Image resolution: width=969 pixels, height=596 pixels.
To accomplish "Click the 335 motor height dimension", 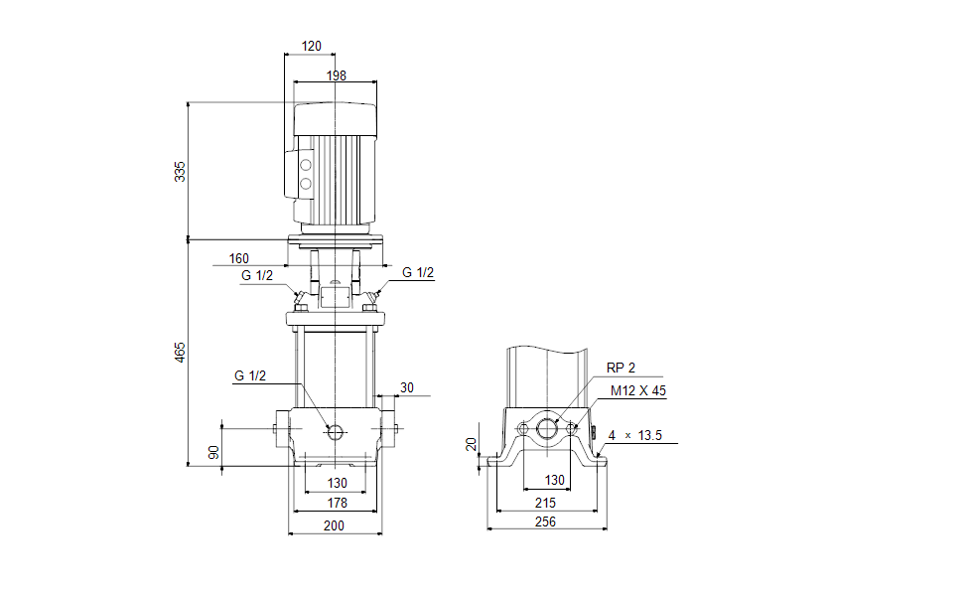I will [180, 171].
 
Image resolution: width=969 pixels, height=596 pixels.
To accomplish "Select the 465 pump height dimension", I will [180, 352].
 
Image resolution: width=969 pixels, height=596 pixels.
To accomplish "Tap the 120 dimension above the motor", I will [311, 47].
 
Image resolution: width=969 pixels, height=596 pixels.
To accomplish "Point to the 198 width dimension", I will [335, 75].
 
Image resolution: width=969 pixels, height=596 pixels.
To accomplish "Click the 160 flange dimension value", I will [238, 259].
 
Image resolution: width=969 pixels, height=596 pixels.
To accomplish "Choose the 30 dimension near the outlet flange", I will [407, 387].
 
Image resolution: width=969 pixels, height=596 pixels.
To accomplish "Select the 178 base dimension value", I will [336, 504].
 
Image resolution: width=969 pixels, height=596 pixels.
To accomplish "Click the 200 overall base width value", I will [335, 525].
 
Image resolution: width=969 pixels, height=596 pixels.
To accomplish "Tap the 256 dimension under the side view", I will [545, 521].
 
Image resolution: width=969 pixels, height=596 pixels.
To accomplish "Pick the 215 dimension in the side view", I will [545, 504].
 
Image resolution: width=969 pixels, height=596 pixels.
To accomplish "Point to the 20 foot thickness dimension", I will [472, 444].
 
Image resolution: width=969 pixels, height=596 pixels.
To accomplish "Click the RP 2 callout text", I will [621, 368].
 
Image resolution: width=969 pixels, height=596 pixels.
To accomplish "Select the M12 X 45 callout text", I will [637, 390].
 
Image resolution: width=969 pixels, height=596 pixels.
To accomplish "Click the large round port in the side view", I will [547, 429].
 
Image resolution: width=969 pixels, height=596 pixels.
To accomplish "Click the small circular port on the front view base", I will [335, 431].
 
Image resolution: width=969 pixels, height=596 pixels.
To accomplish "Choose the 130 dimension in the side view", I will [555, 480].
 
